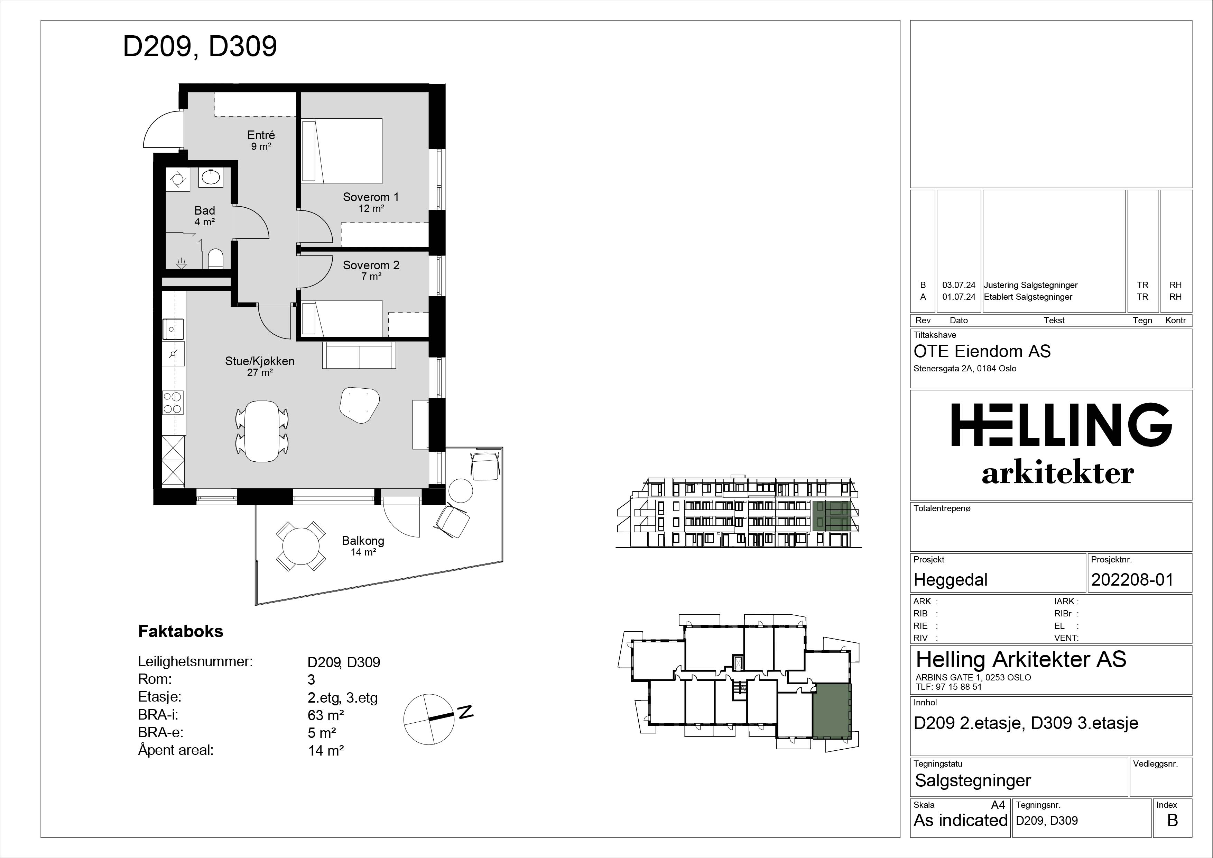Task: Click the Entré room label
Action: [x=261, y=135]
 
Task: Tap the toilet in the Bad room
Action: [x=215, y=259]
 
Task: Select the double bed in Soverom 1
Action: [x=341, y=151]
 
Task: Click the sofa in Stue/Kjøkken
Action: [x=359, y=355]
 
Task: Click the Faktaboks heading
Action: [x=181, y=631]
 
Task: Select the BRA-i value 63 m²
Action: [x=326, y=715]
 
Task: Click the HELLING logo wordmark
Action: [x=1062, y=425]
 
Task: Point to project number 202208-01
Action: [x=1132, y=580]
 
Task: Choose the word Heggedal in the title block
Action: [x=951, y=580]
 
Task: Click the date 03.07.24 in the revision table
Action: [x=959, y=285]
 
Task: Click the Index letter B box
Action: [x=1172, y=820]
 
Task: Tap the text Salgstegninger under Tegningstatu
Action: [x=973, y=781]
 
